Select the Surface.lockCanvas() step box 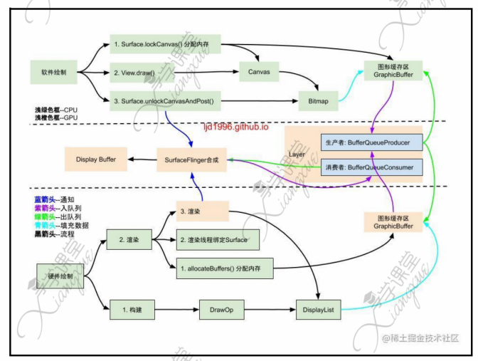[x=166, y=45]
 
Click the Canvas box [x=257, y=73]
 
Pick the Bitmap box [x=318, y=102]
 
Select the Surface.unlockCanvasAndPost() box [x=166, y=102]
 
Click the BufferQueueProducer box [x=371, y=142]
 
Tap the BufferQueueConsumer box [x=371, y=168]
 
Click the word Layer [x=297, y=154]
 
